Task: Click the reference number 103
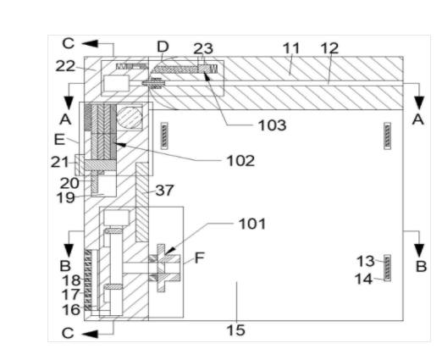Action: pyautogui.click(x=272, y=125)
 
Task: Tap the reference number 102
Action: pyautogui.click(x=240, y=161)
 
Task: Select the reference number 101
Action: pyautogui.click(x=252, y=224)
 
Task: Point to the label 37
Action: pyautogui.click(x=164, y=191)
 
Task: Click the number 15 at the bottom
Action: pyautogui.click(x=236, y=330)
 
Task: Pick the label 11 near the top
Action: pyautogui.click(x=291, y=48)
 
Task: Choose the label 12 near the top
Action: pyautogui.click(x=329, y=48)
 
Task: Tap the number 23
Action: pyautogui.click(x=203, y=48)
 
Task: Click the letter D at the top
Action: pyautogui.click(x=163, y=47)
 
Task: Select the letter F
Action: pyautogui.click(x=200, y=258)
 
